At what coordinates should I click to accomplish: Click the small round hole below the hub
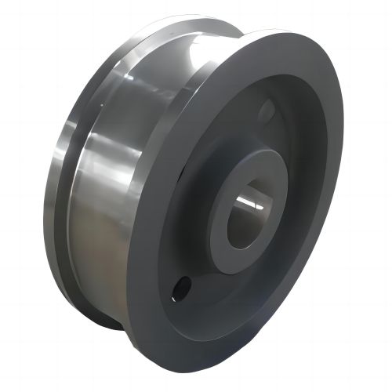click(180, 285)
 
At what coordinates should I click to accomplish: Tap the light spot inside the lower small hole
click(182, 288)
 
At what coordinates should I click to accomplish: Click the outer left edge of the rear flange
click(45, 204)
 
